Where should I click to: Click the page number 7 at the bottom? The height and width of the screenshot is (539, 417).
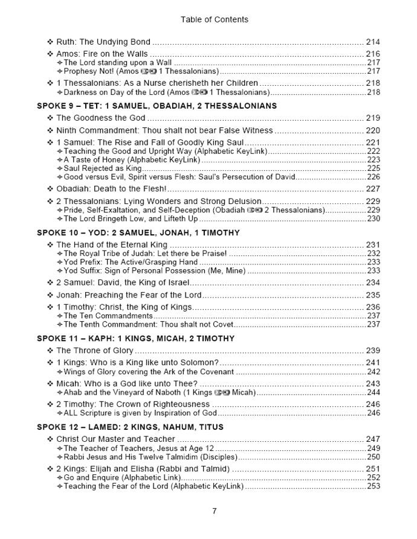click(x=214, y=511)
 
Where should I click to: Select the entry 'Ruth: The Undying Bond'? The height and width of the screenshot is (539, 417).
click(x=103, y=42)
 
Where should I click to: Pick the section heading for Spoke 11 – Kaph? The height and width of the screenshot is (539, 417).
click(x=135, y=339)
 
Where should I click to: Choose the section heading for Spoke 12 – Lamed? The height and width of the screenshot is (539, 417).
click(x=130, y=427)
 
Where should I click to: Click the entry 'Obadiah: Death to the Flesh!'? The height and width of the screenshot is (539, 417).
click(x=111, y=189)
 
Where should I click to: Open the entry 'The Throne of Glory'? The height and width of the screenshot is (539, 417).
click(x=94, y=351)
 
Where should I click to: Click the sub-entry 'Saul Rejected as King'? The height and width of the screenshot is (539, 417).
click(x=102, y=168)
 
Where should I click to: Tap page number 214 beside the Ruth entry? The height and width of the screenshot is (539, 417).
click(x=373, y=42)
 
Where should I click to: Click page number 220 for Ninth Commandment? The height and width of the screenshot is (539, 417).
click(x=373, y=130)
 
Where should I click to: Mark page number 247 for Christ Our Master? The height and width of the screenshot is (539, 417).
click(x=373, y=439)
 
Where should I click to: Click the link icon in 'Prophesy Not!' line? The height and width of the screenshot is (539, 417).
click(x=148, y=71)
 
